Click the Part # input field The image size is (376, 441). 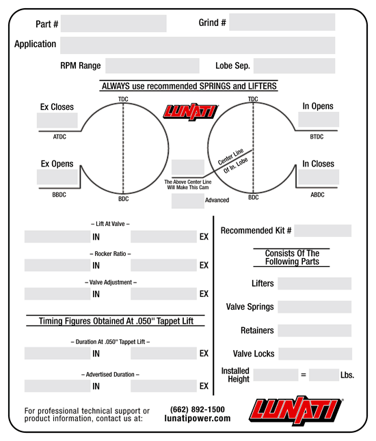[113, 23]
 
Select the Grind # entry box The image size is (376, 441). [282, 22]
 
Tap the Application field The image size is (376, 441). [198, 45]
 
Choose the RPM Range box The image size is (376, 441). [152, 66]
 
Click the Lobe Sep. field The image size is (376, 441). [295, 66]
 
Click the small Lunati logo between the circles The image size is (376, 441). [191, 112]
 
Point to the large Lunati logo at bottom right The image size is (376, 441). [296, 410]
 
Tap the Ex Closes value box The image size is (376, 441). [57, 120]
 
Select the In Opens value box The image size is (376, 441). [319, 119]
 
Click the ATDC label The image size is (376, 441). [59, 137]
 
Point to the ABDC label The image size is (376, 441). [317, 195]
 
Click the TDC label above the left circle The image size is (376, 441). [123, 99]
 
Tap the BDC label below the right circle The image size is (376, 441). [254, 197]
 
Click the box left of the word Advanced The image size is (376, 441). [188, 201]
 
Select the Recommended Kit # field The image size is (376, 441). [323, 231]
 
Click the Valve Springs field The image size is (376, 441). [314, 307]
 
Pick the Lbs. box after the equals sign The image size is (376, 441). [324, 375]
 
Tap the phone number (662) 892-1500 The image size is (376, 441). [198, 409]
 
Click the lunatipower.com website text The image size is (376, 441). [198, 418]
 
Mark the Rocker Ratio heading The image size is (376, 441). [110, 254]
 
